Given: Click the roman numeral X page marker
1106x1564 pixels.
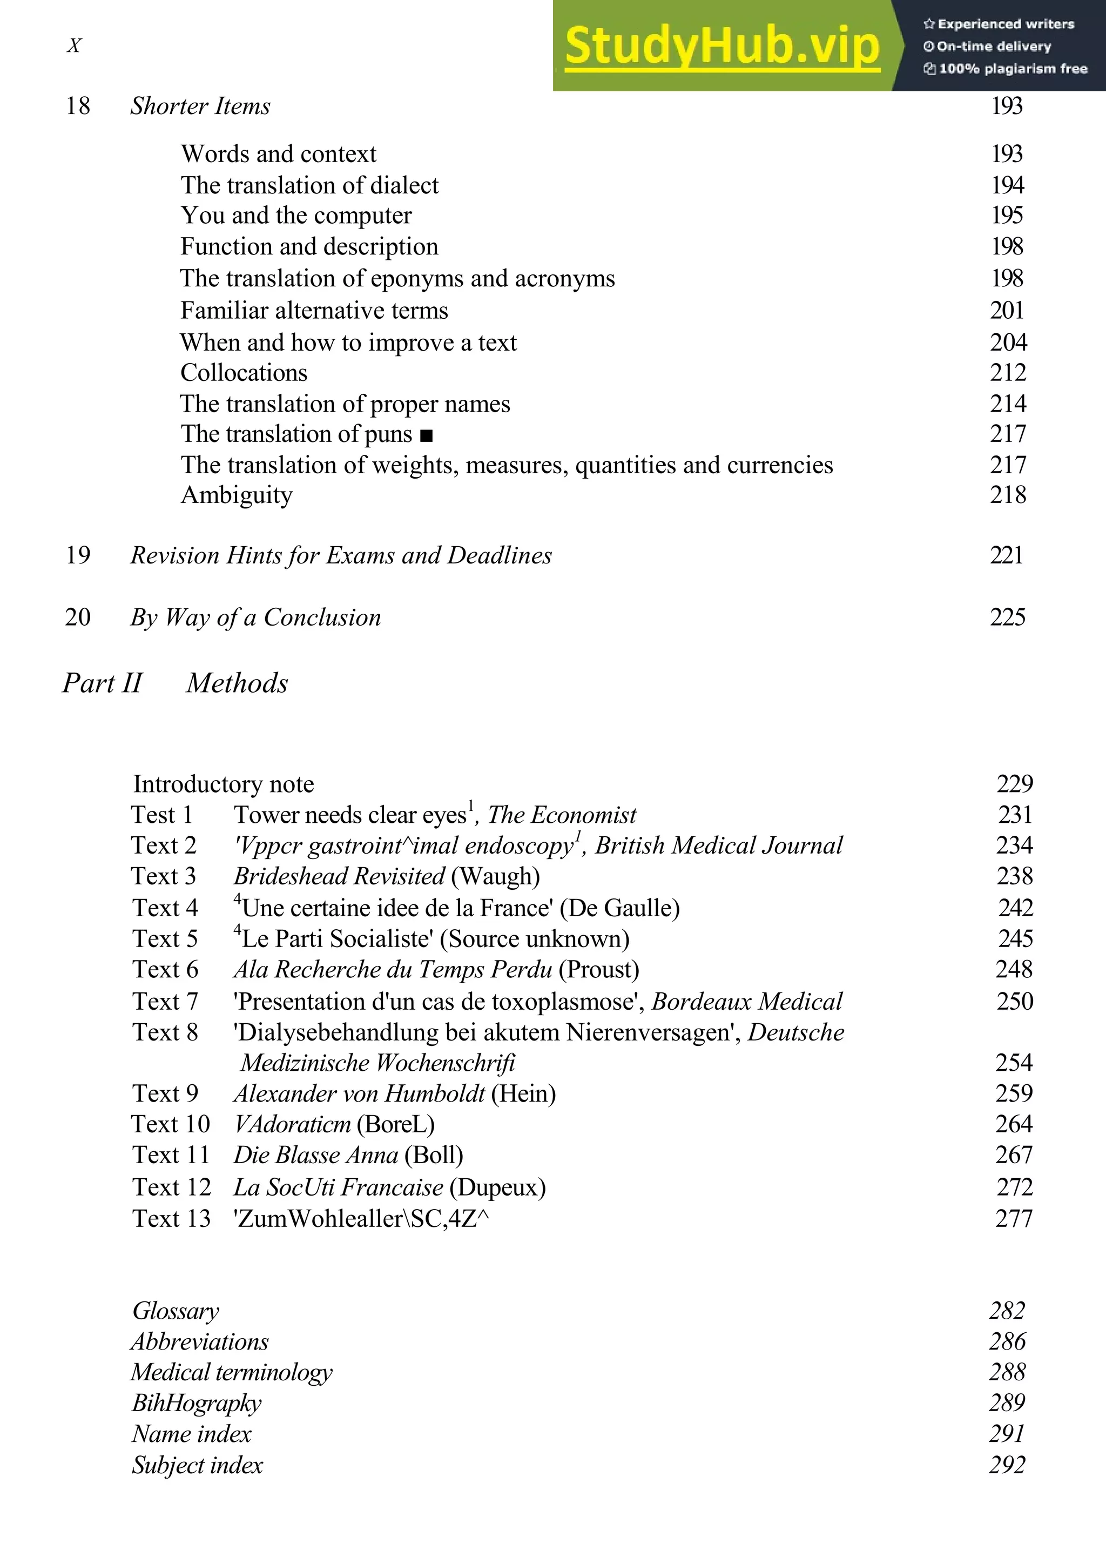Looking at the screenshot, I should (73, 45).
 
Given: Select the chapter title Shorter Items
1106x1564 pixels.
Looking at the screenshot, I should (200, 106).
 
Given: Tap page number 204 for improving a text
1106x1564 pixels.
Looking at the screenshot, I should (1008, 342).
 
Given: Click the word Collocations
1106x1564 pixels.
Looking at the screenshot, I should (244, 373).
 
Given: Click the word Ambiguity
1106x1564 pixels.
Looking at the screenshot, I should (237, 495).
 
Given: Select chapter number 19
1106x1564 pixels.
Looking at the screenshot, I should (78, 555).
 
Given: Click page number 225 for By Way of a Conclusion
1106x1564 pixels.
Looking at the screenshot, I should (1007, 617).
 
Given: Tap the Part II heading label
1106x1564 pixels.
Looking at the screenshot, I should (102, 683).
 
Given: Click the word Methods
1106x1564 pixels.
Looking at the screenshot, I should (237, 683).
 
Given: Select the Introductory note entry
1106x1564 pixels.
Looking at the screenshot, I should (224, 784).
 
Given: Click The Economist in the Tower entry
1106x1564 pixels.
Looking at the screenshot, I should (562, 815).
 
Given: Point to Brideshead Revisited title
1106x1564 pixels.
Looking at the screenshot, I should (339, 876).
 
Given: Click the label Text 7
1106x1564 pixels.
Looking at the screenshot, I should (165, 1002).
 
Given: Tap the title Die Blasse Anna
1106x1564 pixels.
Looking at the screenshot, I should (316, 1155).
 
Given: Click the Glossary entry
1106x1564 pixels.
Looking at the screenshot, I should (176, 1311).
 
